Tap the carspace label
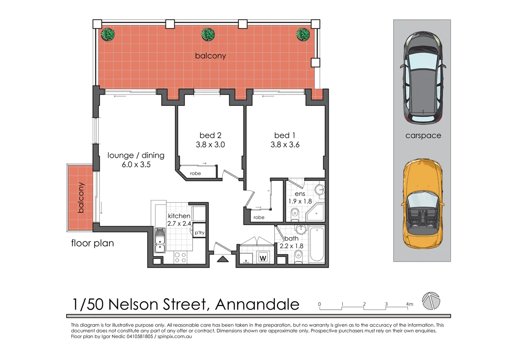(423, 136)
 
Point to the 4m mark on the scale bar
(409, 304)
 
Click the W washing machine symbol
(263, 258)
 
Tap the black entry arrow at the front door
(222, 260)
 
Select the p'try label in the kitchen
(199, 233)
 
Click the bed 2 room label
(207, 135)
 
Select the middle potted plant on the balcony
(208, 34)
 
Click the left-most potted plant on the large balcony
(107, 34)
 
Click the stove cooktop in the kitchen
(180, 258)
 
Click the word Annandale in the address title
(257, 304)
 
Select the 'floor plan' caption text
(92, 243)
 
